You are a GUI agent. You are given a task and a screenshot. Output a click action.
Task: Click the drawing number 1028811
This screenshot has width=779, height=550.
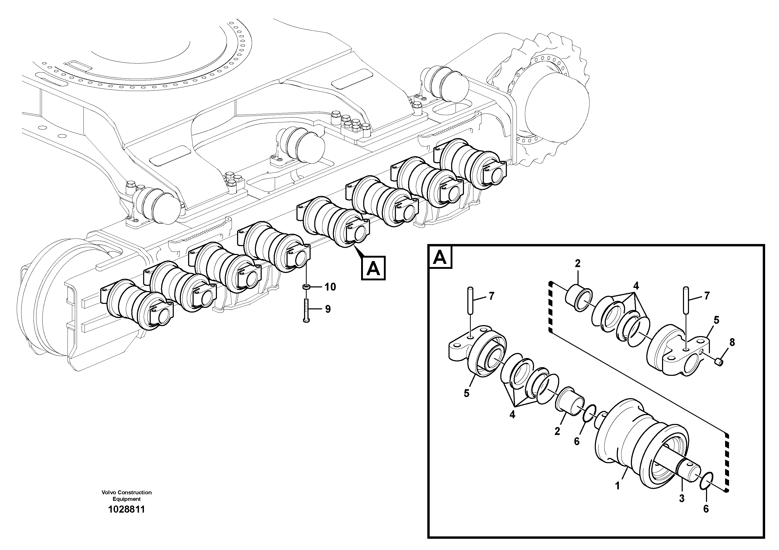[126, 509]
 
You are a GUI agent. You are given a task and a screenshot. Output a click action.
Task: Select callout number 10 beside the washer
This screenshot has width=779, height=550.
[330, 287]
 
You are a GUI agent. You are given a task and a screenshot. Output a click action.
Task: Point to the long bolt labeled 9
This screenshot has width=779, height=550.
[306, 310]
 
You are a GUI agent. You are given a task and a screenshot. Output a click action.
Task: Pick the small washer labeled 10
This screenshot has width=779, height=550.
[306, 287]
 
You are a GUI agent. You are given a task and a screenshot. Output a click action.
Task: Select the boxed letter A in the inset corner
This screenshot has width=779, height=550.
[440, 257]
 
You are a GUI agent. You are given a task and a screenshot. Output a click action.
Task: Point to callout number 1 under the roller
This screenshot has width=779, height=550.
[618, 486]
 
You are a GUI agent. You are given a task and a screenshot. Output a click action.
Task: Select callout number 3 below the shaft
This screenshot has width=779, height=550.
[682, 498]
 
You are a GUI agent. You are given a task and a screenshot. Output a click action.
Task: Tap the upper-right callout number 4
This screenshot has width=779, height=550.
[636, 286]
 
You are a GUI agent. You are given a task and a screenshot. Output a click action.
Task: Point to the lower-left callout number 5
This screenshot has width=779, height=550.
[466, 393]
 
